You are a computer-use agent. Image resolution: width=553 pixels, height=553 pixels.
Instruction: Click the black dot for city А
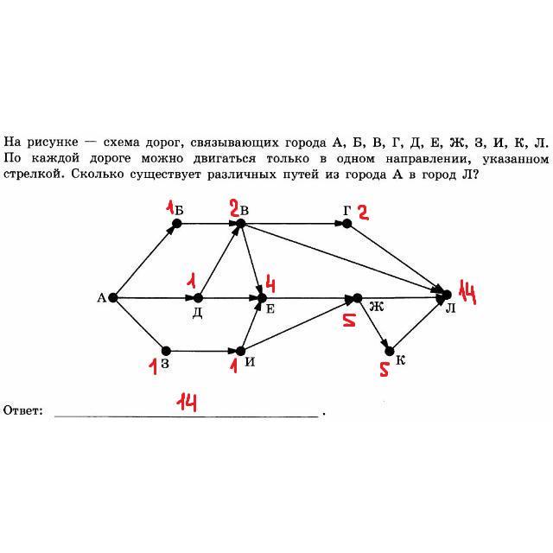tap(113, 298)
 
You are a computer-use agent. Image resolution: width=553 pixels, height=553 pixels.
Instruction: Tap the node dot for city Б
tap(176, 223)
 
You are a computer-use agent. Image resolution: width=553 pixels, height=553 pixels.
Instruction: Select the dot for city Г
tap(346, 223)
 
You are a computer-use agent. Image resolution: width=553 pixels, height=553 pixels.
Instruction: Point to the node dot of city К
tap(389, 351)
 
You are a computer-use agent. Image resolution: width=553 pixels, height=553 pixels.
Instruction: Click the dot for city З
tap(166, 351)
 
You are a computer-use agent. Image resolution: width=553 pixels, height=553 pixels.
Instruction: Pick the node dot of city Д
tap(199, 298)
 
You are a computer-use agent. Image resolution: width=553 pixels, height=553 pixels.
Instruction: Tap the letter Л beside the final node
tap(450, 308)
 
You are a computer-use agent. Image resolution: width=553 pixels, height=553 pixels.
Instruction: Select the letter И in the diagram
tap(250, 361)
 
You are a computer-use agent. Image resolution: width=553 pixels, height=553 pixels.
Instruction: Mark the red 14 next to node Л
tap(468, 294)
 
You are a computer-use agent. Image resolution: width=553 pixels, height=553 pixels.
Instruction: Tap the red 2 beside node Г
tap(363, 213)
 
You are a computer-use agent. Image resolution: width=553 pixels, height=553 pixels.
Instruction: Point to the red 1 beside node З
tap(152, 366)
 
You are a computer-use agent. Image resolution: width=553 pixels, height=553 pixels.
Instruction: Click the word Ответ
tap(23, 410)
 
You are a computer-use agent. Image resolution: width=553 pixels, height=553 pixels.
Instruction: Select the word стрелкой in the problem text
tap(32, 174)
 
